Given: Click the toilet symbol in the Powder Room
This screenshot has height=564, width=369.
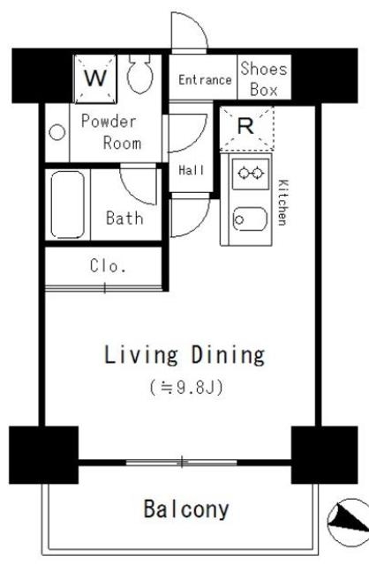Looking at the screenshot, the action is [139, 74].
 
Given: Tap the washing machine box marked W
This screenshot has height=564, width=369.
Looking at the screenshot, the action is [95, 78].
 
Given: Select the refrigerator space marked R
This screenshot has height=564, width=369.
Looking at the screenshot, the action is [246, 128].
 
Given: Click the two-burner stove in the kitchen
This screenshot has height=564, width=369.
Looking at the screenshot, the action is [251, 174].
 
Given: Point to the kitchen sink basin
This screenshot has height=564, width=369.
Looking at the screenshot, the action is [251, 219].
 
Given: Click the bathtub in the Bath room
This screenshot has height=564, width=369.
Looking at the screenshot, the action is [67, 204].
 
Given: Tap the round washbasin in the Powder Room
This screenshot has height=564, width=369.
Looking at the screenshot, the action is [56, 132].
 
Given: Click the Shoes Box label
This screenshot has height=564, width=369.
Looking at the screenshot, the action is [264, 78].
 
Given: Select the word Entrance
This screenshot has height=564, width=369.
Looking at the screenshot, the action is [205, 79].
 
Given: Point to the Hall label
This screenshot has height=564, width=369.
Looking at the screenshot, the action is [192, 170].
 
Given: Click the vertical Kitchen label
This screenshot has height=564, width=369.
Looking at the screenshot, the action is [282, 202].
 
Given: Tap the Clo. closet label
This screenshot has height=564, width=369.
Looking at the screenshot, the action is [108, 266].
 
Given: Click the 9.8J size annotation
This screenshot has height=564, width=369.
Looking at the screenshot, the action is [186, 387].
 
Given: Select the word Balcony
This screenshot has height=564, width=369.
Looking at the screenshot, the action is [186, 509].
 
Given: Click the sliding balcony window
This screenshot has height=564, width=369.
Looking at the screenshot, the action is [182, 462].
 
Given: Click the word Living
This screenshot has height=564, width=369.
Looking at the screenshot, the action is [141, 356].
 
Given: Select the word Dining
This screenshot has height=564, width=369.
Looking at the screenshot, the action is [228, 356].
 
